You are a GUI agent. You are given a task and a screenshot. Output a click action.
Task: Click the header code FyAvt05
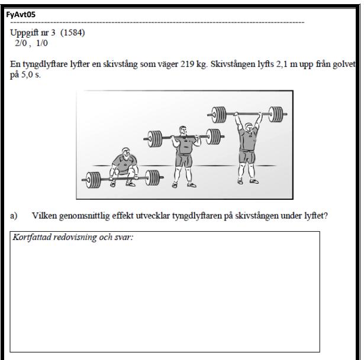(21, 15)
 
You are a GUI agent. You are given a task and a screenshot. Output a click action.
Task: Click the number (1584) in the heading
(73, 33)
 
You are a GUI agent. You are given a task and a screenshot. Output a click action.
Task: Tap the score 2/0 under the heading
(21, 43)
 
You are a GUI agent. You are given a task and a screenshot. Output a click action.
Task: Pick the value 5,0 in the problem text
(27, 74)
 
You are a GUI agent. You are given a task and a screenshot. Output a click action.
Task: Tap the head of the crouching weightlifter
(125, 153)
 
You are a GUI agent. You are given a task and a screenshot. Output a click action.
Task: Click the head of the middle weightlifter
(183, 131)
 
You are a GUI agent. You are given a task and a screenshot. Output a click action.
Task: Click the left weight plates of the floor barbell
(94, 180)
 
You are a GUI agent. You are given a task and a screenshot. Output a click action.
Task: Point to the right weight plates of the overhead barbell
(276, 114)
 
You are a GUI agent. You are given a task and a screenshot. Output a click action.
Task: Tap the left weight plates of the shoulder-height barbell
(155, 139)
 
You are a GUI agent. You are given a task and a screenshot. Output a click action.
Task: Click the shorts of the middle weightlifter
(184, 159)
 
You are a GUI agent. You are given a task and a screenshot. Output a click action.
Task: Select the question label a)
(14, 216)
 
